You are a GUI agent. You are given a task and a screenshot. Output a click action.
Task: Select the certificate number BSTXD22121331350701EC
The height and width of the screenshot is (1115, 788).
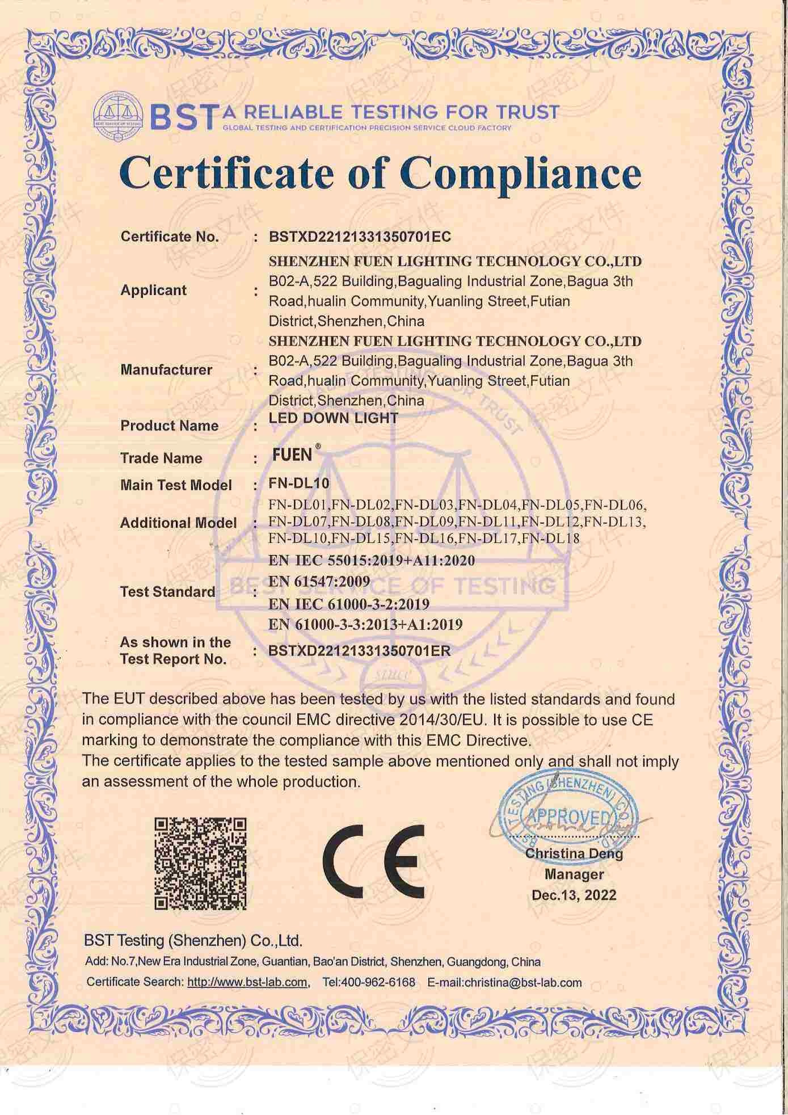click(x=360, y=237)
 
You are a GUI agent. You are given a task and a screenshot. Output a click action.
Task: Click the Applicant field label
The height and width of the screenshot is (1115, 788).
click(x=153, y=290)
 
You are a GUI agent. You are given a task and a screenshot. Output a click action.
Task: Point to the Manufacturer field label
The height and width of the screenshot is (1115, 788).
click(x=166, y=370)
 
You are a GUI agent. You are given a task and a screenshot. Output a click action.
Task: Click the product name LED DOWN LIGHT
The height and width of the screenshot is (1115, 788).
click(x=333, y=419)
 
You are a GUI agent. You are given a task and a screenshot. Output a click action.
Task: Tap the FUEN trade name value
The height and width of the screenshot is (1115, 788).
click(x=292, y=455)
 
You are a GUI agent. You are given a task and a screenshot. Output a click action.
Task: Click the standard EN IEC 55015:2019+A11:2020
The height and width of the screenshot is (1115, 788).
click(x=372, y=561)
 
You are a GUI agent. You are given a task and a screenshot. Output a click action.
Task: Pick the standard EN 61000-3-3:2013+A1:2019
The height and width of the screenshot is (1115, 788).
click(x=365, y=625)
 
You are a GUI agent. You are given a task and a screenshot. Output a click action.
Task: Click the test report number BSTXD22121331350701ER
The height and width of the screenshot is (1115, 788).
click(x=359, y=651)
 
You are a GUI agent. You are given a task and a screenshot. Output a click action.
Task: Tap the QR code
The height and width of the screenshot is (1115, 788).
click(x=201, y=863)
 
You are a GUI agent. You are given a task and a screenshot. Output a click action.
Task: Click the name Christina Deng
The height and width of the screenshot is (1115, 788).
click(x=574, y=853)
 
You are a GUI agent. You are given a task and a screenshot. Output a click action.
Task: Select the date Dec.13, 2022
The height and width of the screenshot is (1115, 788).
click(x=574, y=895)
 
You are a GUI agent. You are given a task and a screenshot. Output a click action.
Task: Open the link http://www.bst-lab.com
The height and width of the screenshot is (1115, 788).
click(x=247, y=982)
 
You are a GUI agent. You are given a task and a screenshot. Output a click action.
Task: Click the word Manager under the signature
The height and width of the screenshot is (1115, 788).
click(x=574, y=874)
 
